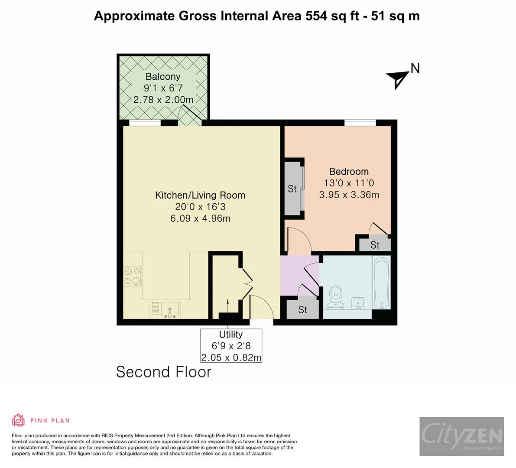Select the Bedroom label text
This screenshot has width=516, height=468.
pyautogui.click(x=349, y=172)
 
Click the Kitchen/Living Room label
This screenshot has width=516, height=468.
pyautogui.click(x=200, y=195)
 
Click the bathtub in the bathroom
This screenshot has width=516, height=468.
pyautogui.click(x=381, y=282)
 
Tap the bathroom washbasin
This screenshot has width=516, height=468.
pyautogui.click(x=357, y=303)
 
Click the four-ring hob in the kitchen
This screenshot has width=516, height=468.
pyautogui.click(x=133, y=276)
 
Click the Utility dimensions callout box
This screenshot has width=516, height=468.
pyautogui.click(x=231, y=346)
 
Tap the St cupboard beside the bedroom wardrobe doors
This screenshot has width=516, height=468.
pyautogui.click(x=293, y=189)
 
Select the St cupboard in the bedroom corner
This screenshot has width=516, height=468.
pyautogui.click(x=375, y=245)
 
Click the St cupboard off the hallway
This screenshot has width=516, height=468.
pyautogui.click(x=302, y=309)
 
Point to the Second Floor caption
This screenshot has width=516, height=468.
pyautogui.click(x=164, y=372)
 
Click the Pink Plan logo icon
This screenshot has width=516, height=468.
pyautogui.click(x=19, y=420)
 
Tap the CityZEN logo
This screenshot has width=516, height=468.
pyautogui.click(x=461, y=436)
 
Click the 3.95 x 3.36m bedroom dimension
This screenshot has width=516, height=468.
pyautogui.click(x=349, y=195)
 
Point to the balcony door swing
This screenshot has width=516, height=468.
pyautogui.click(x=191, y=116)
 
